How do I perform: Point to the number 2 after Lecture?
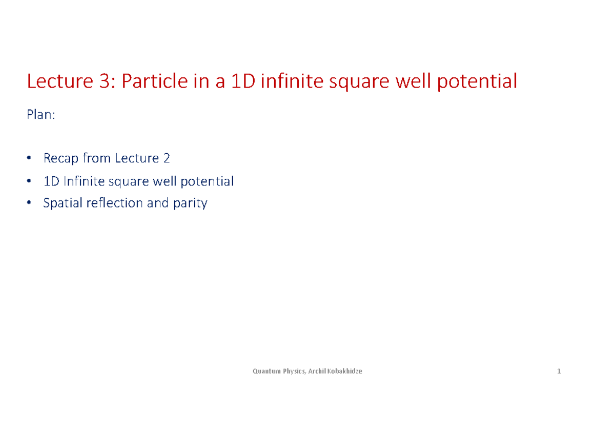pos(166,158)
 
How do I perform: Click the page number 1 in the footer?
pos(559,371)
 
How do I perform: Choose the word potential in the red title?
pos(477,81)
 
